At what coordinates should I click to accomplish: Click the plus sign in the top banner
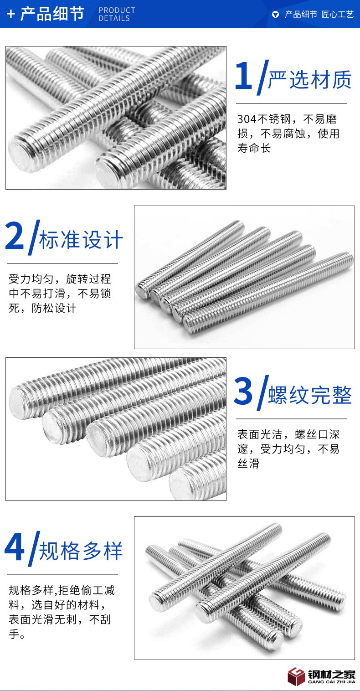(x=11, y=14)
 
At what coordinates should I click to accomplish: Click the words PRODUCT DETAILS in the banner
(x=117, y=14)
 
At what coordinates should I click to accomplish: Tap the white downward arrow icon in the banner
(x=276, y=15)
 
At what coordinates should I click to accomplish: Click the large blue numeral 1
(x=244, y=75)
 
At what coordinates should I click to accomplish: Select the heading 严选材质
(x=310, y=79)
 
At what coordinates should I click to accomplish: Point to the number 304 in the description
(x=247, y=119)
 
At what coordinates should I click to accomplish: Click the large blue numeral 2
(x=15, y=235)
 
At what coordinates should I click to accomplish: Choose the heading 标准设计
(x=81, y=239)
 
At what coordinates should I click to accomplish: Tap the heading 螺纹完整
(x=310, y=395)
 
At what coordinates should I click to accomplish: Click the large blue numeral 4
(x=14, y=547)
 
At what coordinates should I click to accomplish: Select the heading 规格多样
(x=81, y=551)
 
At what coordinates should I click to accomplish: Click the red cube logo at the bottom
(x=297, y=676)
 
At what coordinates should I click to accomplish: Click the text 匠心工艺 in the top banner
(x=338, y=15)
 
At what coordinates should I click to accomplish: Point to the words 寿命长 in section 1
(x=254, y=148)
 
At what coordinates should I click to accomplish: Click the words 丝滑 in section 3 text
(x=249, y=464)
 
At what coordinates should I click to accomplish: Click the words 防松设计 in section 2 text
(x=54, y=308)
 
